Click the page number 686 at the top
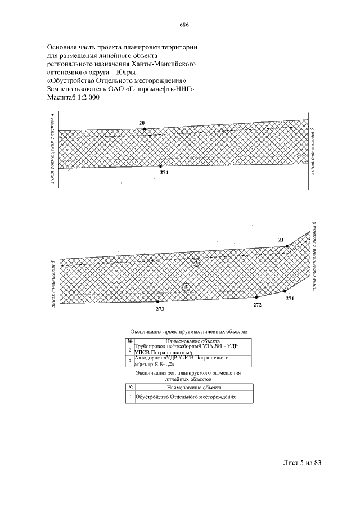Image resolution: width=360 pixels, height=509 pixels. pyautogui.click(x=183, y=25)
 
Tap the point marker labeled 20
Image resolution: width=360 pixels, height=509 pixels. pyautogui.click(x=145, y=129)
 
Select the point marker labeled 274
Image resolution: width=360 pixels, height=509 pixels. pyautogui.click(x=161, y=166)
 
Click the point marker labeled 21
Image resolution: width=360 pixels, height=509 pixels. pyautogui.click(x=287, y=246)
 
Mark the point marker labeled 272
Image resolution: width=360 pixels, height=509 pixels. pyautogui.click(x=256, y=297)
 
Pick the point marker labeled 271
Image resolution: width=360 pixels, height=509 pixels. pyautogui.click(x=286, y=291)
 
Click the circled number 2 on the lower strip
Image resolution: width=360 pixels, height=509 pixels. pyautogui.click(x=196, y=262)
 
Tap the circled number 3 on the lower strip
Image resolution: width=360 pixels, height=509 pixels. pyautogui.click(x=187, y=287)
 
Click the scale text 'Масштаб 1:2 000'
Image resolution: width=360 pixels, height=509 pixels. pyautogui.click(x=73, y=97)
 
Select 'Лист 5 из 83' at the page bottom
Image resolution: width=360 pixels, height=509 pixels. pyautogui.click(x=301, y=463)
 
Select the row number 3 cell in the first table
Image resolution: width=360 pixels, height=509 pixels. pyautogui.click(x=130, y=361)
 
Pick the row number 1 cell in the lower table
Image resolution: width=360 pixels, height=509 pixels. pyautogui.click(x=130, y=397)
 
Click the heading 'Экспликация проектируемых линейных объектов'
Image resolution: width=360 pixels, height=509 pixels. pyautogui.click(x=188, y=331)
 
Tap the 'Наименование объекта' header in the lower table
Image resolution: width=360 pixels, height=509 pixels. pyautogui.click(x=193, y=387)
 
